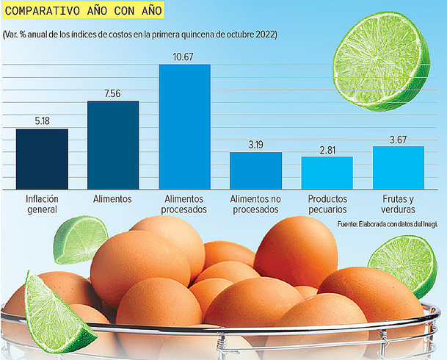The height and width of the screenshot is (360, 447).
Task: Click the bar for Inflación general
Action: click(x=42, y=159)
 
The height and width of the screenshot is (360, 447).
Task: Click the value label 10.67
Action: click(x=185, y=57)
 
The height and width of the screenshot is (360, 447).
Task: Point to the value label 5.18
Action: click(x=42, y=121)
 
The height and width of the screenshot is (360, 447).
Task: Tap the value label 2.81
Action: click(x=327, y=149)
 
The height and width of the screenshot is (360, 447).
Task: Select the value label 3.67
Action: click(x=399, y=139)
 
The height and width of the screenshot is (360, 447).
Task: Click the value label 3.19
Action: click(x=255, y=145)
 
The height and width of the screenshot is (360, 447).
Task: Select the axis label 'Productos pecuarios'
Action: click(x=327, y=204)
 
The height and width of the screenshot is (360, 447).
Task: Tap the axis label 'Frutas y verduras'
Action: click(x=399, y=204)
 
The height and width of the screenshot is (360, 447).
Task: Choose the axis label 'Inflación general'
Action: click(x=42, y=204)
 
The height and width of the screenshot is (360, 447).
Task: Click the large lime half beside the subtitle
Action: click(x=382, y=64)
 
